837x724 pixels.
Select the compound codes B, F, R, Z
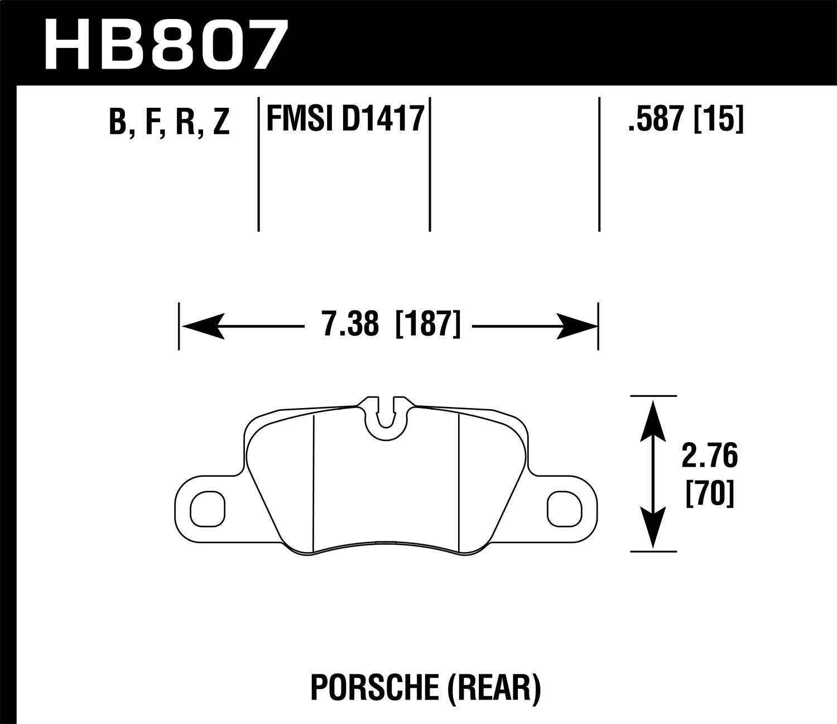(169, 122)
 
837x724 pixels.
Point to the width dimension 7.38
(350, 324)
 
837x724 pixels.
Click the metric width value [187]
(428, 324)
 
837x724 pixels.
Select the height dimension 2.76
(709, 457)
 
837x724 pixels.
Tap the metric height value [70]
(709, 494)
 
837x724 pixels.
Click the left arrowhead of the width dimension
(202, 325)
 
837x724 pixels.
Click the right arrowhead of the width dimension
(576, 325)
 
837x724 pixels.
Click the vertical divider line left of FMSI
(259, 165)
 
